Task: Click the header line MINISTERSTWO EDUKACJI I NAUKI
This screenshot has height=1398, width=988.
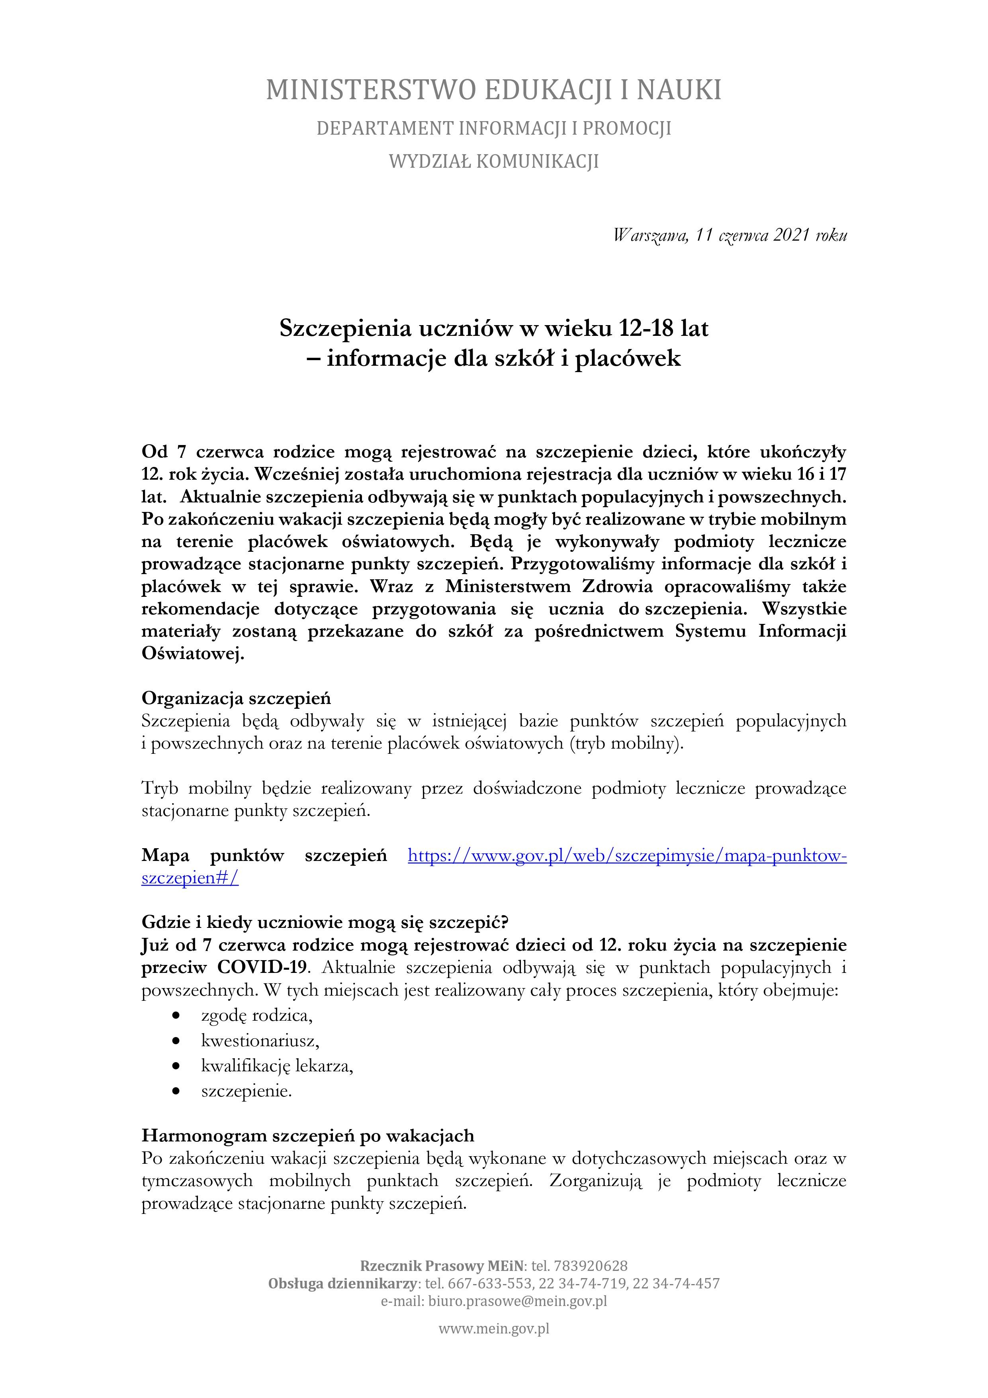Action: click(x=494, y=90)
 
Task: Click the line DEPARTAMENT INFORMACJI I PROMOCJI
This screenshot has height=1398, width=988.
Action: click(x=494, y=128)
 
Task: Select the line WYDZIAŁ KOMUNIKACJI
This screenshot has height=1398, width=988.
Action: click(x=494, y=161)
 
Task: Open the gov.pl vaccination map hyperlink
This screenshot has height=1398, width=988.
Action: click(x=627, y=855)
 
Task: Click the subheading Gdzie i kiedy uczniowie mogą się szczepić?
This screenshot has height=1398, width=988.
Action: click(x=325, y=922)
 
